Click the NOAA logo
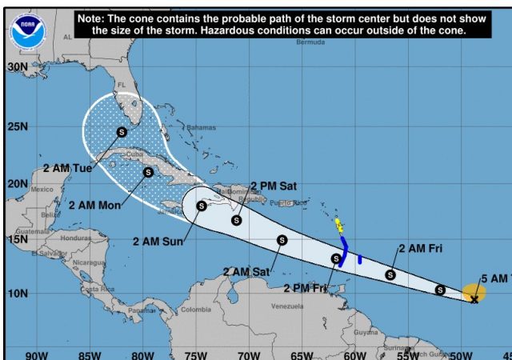[x=29, y=31]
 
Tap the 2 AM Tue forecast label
[x=68, y=168]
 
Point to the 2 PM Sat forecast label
[x=274, y=186]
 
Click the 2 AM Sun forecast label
[x=158, y=241]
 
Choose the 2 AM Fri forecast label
[x=420, y=249]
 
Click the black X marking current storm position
[x=474, y=299]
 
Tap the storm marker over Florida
[x=122, y=132]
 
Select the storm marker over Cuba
[x=148, y=172]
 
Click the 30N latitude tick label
[x=17, y=66]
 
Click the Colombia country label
[x=195, y=310]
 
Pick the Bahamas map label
[x=201, y=128]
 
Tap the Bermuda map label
[x=310, y=42]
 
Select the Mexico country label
[x=41, y=189]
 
